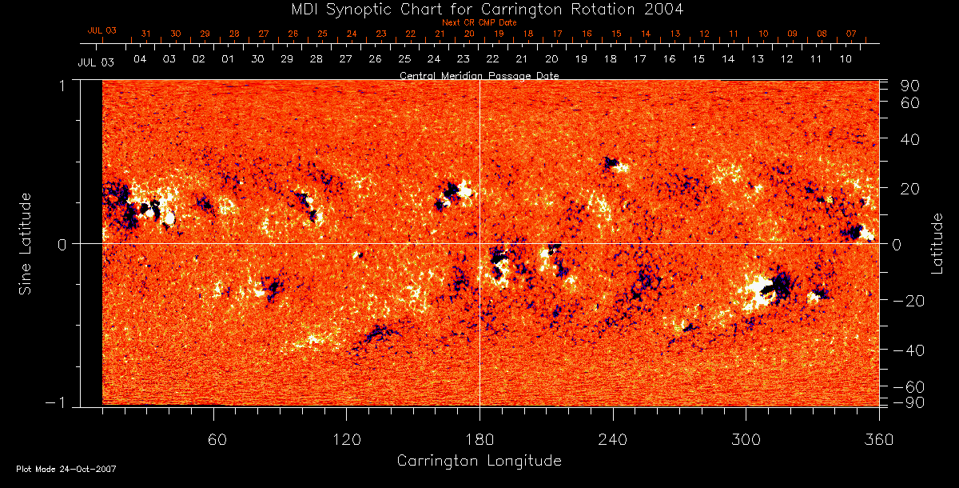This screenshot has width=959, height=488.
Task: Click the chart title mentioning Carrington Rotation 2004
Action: pos(479,10)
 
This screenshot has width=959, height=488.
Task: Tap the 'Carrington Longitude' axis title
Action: pos(479,461)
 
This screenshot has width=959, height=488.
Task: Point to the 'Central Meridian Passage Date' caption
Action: pos(479,75)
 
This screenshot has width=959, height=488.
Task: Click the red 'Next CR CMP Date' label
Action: pos(479,22)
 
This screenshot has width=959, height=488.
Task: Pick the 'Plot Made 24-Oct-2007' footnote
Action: pos(66,469)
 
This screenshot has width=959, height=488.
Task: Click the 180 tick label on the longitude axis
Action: pos(479,439)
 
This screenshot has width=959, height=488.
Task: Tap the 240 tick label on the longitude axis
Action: pos(613,439)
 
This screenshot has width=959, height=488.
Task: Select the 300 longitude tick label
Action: pos(746,439)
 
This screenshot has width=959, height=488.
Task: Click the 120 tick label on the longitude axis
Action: pos(346,439)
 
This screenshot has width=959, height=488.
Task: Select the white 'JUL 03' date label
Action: pos(96,62)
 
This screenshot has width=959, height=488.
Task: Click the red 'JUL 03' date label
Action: pos(101,30)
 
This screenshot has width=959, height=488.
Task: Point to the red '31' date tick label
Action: pos(145,34)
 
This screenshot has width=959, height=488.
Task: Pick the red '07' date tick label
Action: pos(851,34)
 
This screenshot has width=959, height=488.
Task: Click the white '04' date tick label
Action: pos(140,59)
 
